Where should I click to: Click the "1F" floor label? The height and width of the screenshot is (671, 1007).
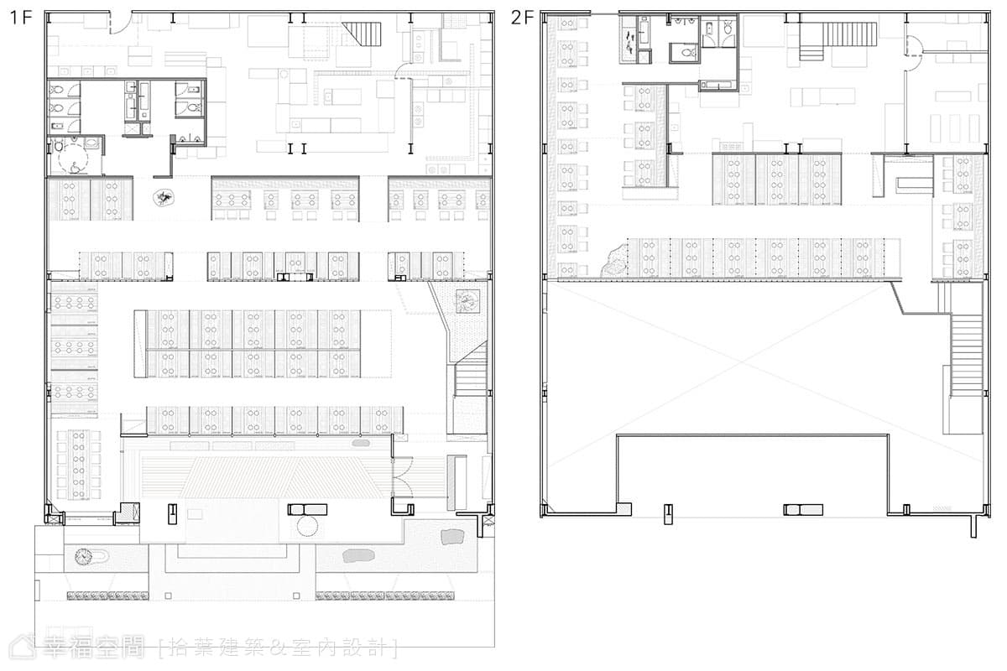(21, 18)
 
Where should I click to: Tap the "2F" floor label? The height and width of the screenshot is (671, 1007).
(522, 18)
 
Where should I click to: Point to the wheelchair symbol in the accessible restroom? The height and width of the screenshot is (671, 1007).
(75, 166)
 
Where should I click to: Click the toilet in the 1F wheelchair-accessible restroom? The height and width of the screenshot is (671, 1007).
(59, 145)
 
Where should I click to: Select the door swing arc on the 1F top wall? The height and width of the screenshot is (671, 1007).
(122, 23)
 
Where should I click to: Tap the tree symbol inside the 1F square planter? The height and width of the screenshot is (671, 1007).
(467, 301)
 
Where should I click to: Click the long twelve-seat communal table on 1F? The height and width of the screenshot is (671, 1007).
(79, 465)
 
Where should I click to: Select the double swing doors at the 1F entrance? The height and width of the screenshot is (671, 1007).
(402, 481)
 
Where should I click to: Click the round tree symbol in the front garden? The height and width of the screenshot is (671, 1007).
(84, 557)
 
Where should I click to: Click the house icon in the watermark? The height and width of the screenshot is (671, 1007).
(23, 648)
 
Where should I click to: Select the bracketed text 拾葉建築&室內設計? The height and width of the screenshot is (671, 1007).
(279, 648)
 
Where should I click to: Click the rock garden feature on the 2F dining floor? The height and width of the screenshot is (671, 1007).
(614, 260)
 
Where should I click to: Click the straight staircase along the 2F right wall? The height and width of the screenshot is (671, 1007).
(967, 355)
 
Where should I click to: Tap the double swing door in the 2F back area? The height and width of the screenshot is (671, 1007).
(914, 53)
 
